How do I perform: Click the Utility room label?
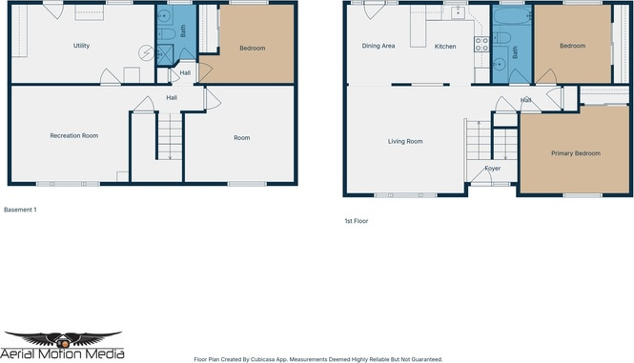81,46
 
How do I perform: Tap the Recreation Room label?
74,136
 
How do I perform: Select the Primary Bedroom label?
576,153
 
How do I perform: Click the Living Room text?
405,141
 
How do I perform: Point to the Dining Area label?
378,46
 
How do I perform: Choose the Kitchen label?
445,47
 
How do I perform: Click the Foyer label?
493,169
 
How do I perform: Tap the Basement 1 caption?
20,210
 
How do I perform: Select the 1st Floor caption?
357,221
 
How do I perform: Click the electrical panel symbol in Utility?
146,53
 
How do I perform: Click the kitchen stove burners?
481,44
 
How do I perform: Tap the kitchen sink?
458,13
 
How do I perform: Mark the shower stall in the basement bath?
165,54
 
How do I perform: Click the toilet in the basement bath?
167,33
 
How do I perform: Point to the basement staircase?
170,136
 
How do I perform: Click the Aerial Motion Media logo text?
62,354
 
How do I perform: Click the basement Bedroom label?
253,48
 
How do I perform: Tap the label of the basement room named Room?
242,138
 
